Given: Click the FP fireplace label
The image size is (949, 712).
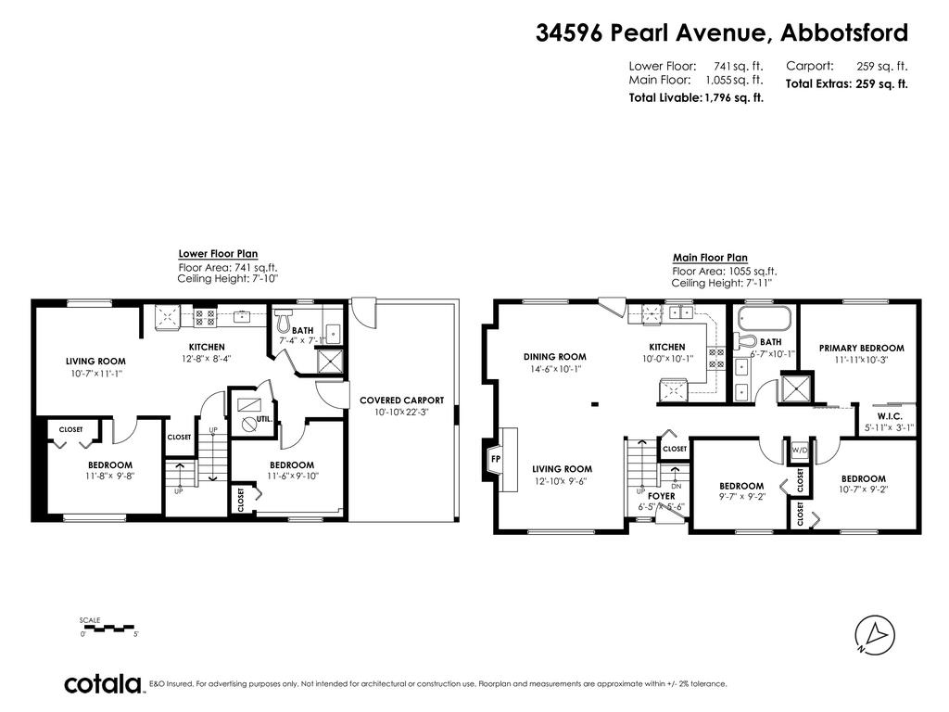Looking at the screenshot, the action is pyautogui.click(x=496, y=459).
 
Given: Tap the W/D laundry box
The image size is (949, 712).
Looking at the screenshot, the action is pyautogui.click(x=799, y=451).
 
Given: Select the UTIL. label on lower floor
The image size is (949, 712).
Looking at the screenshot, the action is pyautogui.click(x=264, y=419).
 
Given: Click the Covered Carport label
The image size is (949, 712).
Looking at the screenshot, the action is pyautogui.click(x=402, y=400).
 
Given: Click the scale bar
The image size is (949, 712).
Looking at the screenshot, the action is pyautogui.click(x=107, y=628).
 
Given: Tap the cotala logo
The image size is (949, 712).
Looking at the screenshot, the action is pyautogui.click(x=103, y=684).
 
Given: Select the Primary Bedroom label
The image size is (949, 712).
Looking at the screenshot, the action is pyautogui.click(x=861, y=349).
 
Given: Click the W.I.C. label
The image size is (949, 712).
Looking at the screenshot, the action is pyautogui.click(x=890, y=416).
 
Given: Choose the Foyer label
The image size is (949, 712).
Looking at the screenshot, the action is pyautogui.click(x=662, y=496).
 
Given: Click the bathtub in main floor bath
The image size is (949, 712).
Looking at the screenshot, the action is pyautogui.click(x=763, y=318).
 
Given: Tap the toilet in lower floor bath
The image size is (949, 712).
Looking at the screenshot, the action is pyautogui.click(x=284, y=320).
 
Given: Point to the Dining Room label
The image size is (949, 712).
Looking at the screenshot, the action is pyautogui.click(x=555, y=357).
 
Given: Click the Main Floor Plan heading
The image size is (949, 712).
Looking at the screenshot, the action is pyautogui.click(x=710, y=258).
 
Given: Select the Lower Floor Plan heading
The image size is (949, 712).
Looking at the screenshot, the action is pyautogui.click(x=218, y=254).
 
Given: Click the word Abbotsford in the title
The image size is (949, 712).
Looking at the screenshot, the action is pyautogui.click(x=844, y=32).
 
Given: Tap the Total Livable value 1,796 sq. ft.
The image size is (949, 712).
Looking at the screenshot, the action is pyautogui.click(x=734, y=97).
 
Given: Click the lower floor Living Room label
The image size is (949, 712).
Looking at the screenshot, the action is pyautogui.click(x=95, y=362).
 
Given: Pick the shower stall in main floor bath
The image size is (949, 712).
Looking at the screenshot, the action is pyautogui.click(x=795, y=388).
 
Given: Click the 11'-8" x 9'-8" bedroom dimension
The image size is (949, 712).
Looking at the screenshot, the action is pyautogui.click(x=110, y=476).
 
